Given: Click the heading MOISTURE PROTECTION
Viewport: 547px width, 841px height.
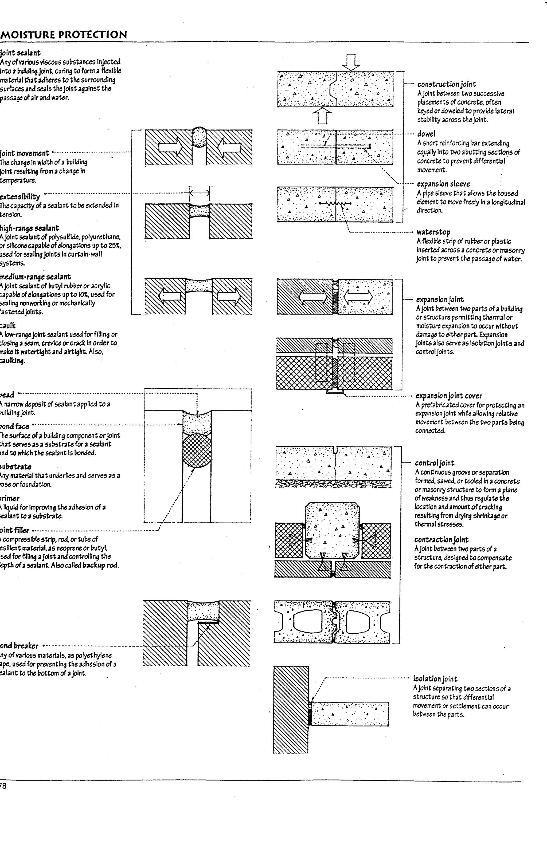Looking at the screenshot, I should point(64,35).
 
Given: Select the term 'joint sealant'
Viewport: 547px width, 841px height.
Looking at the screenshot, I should point(21,53).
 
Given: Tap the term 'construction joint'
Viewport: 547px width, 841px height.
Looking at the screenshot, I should point(446,84).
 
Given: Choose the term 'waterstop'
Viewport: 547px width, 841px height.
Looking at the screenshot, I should point(433,232).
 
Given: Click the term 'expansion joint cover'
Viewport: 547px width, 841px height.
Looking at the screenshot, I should point(448,396).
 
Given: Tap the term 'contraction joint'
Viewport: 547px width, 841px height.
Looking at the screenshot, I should point(441,540).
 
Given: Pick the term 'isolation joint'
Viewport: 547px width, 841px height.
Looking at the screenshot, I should point(435,679).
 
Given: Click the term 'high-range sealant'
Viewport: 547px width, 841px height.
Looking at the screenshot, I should point(29,228).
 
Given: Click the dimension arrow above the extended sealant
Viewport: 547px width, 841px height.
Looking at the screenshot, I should point(200,193).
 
